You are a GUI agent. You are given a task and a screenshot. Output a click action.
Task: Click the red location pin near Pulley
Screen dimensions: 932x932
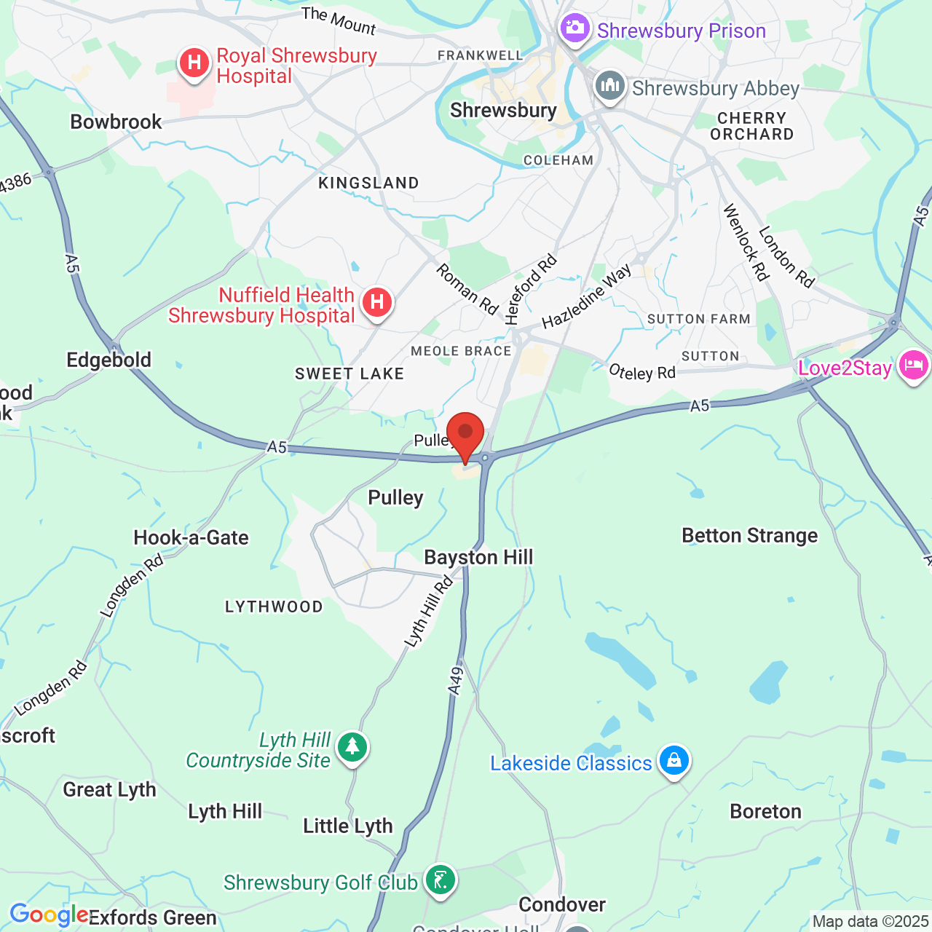coord(465,434)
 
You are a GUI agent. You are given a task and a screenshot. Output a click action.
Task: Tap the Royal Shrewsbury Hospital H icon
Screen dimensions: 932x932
coord(194,63)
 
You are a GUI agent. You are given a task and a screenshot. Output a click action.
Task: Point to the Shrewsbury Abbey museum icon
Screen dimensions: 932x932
coord(610,87)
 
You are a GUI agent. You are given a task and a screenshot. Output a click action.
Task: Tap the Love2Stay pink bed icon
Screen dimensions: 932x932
coord(914,364)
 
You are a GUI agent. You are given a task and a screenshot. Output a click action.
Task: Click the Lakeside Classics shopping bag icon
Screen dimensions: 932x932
coord(674,761)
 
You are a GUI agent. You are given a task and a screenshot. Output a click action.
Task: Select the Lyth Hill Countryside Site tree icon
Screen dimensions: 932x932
coord(353,746)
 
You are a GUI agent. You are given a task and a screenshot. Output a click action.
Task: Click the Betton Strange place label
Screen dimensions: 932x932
coord(749,536)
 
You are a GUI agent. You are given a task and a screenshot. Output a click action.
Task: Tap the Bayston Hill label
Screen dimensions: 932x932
coord(478,558)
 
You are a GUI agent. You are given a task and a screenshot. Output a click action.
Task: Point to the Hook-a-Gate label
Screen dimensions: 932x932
coord(191,538)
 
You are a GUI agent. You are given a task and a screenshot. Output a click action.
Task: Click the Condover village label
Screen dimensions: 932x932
coord(561,905)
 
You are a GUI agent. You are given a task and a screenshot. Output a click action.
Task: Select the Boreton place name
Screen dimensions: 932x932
coord(765,812)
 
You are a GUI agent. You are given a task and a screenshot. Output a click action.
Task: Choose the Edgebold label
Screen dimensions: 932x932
coord(109,360)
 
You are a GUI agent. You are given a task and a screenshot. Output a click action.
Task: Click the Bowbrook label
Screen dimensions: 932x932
coord(116,122)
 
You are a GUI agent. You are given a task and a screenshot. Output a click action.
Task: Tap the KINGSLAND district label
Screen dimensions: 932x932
coord(368,183)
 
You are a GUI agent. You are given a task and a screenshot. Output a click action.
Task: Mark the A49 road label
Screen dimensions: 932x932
coord(456,682)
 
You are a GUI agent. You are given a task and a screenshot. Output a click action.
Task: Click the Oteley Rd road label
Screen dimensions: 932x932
coord(642,373)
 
